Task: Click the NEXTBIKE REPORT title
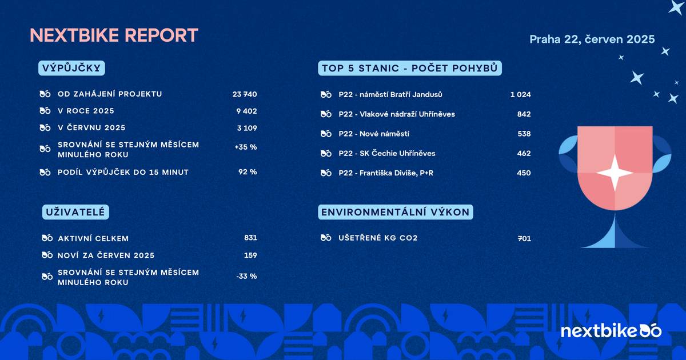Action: [114, 35]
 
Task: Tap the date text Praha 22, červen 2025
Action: [592, 39]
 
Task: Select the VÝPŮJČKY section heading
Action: [73, 69]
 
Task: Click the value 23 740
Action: [245, 94]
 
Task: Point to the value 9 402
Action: [246, 111]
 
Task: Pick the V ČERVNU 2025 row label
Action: [91, 127]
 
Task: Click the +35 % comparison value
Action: [246, 147]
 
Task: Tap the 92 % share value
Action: [248, 172]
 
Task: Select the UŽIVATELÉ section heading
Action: [75, 213]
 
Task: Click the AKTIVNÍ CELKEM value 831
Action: [250, 238]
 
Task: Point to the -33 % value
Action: [246, 276]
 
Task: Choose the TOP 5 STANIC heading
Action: [410, 69]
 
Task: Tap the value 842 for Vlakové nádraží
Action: [524, 114]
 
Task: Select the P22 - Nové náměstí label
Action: [374, 134]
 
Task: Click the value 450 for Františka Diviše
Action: [524, 173]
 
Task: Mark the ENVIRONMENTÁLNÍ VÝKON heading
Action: [396, 213]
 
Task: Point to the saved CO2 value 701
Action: [524, 238]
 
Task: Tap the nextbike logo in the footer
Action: [611, 331]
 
